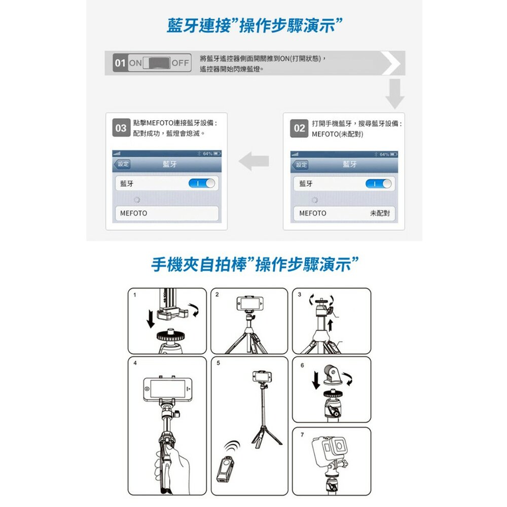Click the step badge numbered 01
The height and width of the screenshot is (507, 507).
[120, 63]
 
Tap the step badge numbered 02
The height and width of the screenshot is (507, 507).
[299, 128]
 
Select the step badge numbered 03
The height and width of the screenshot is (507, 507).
[121, 128]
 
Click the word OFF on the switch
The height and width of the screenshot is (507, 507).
[180, 63]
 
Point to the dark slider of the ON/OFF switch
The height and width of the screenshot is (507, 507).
[159, 63]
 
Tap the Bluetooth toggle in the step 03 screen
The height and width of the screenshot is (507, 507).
[202, 184]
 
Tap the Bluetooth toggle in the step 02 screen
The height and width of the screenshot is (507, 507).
[378, 184]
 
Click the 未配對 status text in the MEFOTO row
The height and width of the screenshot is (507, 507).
[380, 213]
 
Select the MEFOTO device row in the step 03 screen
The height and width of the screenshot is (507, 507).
[167, 213]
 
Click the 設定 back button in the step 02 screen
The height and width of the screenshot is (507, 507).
[300, 165]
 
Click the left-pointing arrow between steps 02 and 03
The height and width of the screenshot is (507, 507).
[254, 161]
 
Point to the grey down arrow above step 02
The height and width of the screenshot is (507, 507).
[395, 94]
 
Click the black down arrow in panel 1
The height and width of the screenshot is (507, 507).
[151, 318]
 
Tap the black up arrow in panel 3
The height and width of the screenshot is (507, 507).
[330, 325]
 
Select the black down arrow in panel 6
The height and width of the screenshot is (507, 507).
[316, 380]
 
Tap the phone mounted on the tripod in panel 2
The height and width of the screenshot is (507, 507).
[250, 303]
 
